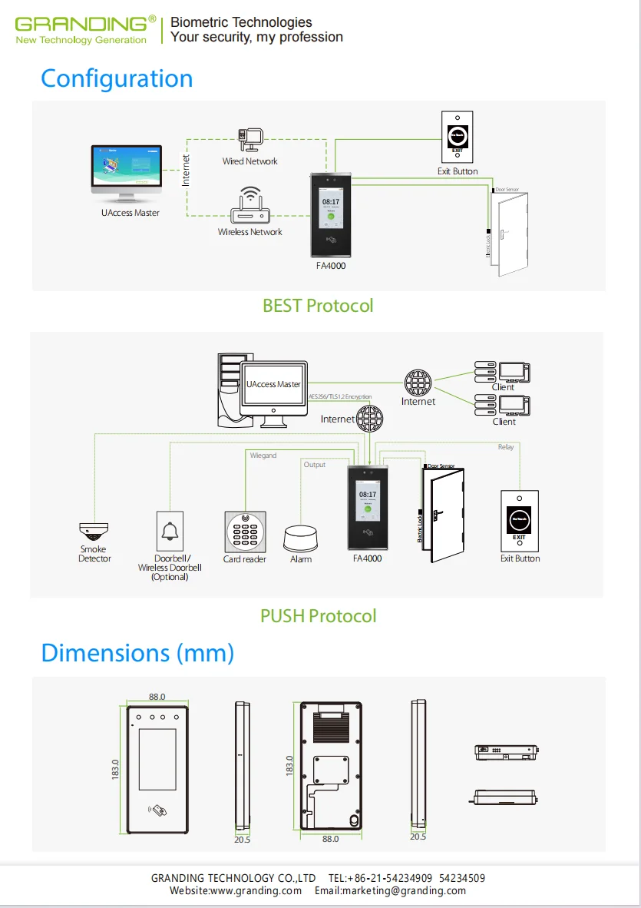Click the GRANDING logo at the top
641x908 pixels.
click(x=81, y=30)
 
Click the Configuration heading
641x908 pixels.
click(x=117, y=78)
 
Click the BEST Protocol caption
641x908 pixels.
click(x=318, y=306)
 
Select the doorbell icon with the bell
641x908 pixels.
click(x=169, y=531)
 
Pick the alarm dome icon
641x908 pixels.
click(x=300, y=538)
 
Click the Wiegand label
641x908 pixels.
click(x=263, y=456)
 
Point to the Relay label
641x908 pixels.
click(x=506, y=447)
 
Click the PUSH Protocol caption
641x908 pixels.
click(x=318, y=616)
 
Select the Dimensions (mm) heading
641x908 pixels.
click(x=137, y=653)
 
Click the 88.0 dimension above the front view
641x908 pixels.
click(x=157, y=697)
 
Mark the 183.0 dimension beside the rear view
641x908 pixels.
click(x=289, y=767)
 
